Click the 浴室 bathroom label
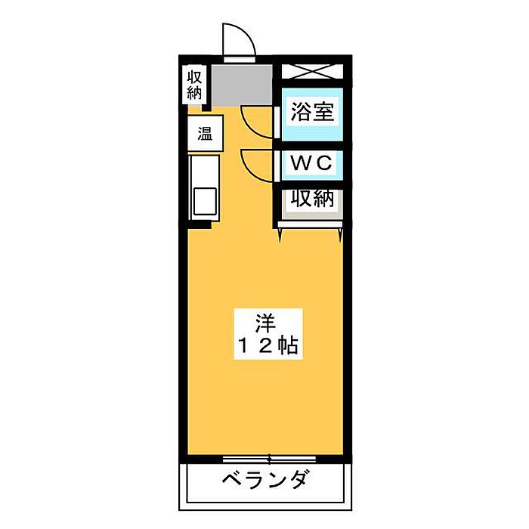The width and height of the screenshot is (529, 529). [312, 112]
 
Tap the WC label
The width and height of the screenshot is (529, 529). [311, 163]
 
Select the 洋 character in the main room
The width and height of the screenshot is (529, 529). [266, 323]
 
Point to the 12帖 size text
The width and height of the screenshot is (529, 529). [268, 345]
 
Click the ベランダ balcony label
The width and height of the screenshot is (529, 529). [265, 480]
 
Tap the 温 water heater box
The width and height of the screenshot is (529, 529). [206, 133]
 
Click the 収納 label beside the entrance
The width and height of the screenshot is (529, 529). [195, 85]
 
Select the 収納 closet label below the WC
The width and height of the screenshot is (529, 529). [312, 198]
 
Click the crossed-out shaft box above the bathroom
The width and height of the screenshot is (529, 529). [312, 72]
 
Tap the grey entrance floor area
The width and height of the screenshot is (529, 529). [242, 85]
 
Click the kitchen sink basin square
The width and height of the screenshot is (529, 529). [205, 201]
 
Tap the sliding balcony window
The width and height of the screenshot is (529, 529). [269, 459]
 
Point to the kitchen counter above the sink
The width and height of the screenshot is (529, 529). [205, 171]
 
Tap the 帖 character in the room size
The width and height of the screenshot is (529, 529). [288, 345]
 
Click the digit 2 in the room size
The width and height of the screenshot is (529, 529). [265, 346]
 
